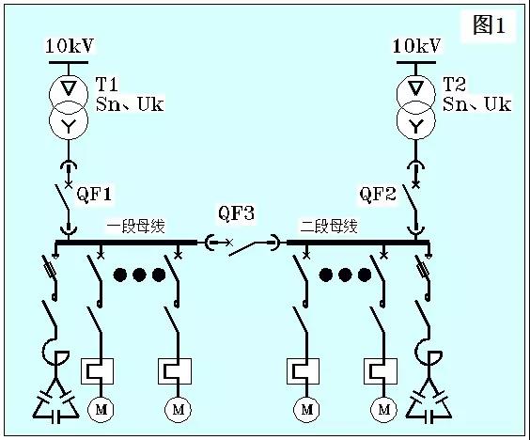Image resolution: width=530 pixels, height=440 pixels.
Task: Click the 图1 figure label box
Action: [x=490, y=26]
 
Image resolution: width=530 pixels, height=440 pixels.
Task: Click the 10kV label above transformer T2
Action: [x=416, y=45]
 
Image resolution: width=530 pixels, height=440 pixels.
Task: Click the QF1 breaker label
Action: [x=94, y=195]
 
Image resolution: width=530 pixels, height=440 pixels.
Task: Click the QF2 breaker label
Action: [x=380, y=195]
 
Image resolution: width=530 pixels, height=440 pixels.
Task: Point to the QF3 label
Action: [x=236, y=214]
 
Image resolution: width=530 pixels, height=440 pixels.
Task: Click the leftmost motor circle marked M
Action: [x=100, y=409]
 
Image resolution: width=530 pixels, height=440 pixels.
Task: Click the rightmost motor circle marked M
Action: [x=383, y=409]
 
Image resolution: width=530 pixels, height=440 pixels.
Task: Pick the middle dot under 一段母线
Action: [x=140, y=275]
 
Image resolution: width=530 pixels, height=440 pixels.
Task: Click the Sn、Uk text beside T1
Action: [x=130, y=104]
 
